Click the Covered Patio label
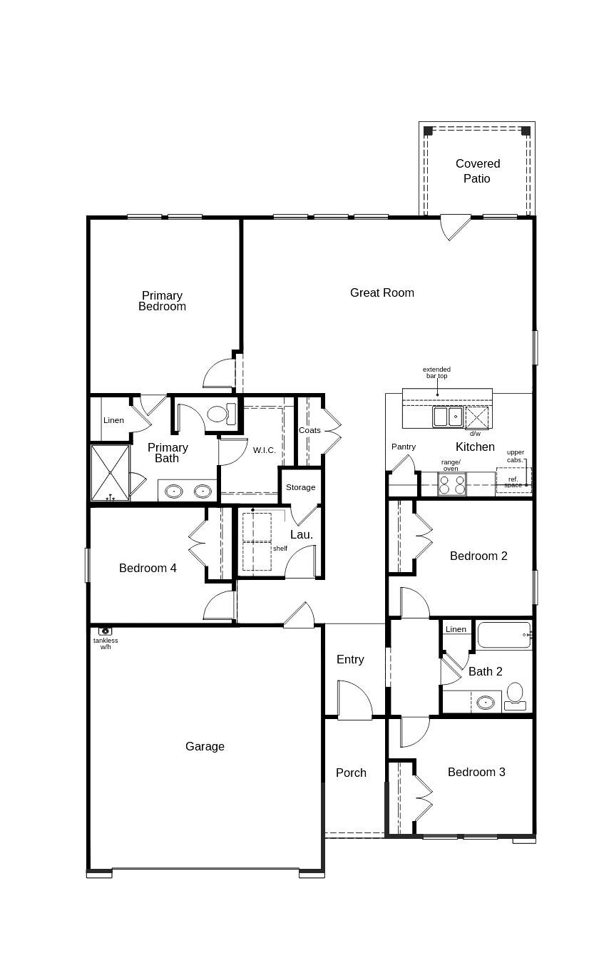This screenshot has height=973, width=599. pyautogui.click(x=477, y=171)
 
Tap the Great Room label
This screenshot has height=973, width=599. pyautogui.click(x=382, y=292)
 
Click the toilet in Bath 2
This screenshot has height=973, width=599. pyautogui.click(x=514, y=696)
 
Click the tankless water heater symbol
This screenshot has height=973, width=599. pyautogui.click(x=105, y=631)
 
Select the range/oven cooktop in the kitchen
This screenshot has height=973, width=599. pyautogui.click(x=451, y=485)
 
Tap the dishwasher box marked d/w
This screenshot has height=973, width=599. pyautogui.click(x=476, y=418)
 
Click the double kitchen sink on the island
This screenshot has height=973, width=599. pyautogui.click(x=448, y=416)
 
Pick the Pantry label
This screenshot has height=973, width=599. pyautogui.click(x=403, y=447)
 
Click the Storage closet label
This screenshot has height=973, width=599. pyautogui.click(x=300, y=487)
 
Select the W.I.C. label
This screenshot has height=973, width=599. pyautogui.click(x=264, y=450)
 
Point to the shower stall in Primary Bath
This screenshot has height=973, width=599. pyautogui.click(x=110, y=472)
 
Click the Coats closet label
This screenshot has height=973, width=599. pyautogui.click(x=309, y=430)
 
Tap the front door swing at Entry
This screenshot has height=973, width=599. pyautogui.click(x=354, y=701)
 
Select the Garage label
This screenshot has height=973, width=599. pyautogui.click(x=205, y=746)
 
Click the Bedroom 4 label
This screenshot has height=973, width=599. pyautogui.click(x=148, y=568)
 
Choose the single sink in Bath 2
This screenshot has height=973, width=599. pyautogui.click(x=486, y=703)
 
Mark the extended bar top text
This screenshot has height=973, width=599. pyautogui.click(x=436, y=372)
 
